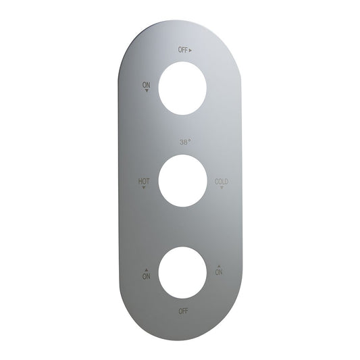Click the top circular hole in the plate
182,88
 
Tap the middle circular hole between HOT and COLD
182,180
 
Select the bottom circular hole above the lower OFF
182,273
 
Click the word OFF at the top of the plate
182,50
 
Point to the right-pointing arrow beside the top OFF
191,50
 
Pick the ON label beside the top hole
146,84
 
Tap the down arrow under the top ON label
147,91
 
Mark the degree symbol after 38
190,140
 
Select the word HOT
144,181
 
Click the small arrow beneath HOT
144,188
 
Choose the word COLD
222,181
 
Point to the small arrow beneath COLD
222,188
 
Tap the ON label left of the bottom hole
146,276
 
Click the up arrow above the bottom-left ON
146,269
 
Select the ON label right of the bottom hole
218,272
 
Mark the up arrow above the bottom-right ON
218,265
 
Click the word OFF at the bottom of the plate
182,311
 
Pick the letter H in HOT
140,181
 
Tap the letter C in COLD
216,181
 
